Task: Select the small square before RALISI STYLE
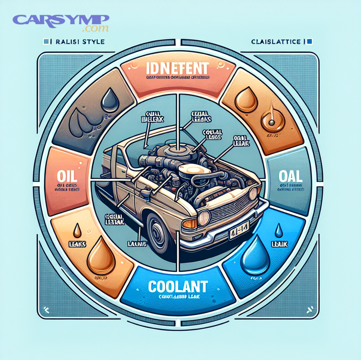pos(47,41)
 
